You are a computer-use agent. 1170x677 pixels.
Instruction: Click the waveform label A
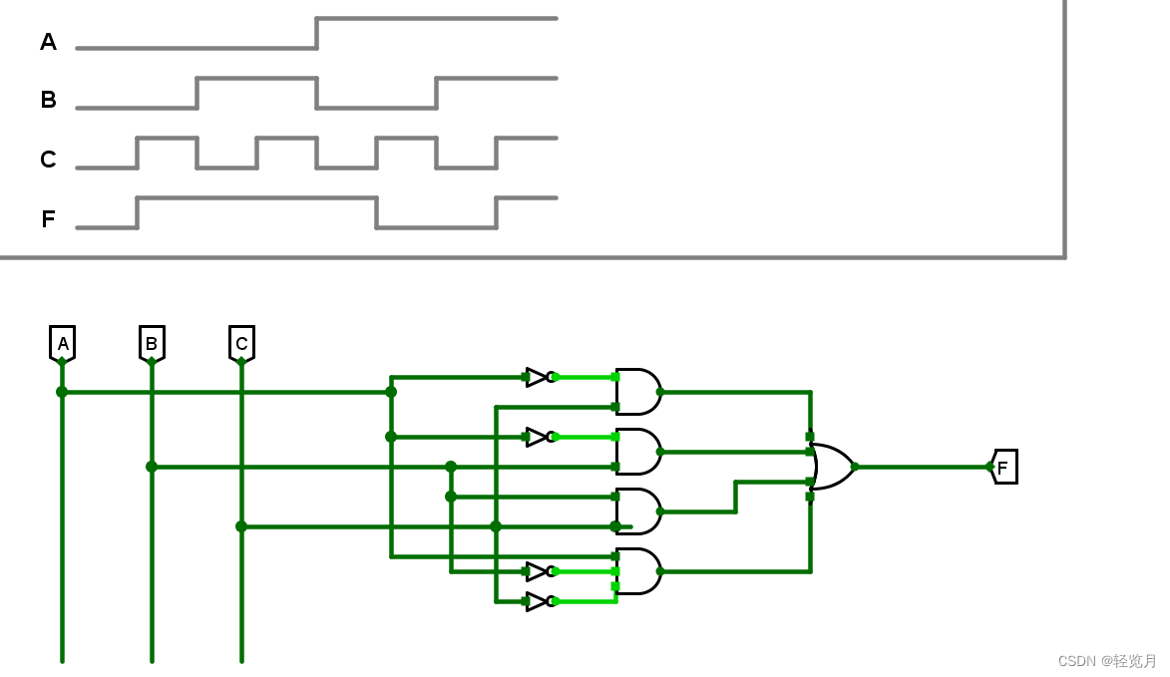coord(48,42)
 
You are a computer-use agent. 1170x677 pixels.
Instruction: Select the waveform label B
coord(48,100)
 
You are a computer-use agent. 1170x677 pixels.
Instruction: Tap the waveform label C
coord(48,160)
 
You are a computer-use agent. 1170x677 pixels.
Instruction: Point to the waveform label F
coord(48,219)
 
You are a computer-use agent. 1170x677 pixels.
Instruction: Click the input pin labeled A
coord(62,344)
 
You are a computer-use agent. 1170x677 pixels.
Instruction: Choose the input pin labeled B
coord(152,344)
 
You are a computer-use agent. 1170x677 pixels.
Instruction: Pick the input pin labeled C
coord(241,344)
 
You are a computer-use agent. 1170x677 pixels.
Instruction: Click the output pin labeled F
coord(1003,467)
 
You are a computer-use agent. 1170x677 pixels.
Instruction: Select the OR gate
coord(832,467)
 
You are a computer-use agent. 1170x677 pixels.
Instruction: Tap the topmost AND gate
coord(637,392)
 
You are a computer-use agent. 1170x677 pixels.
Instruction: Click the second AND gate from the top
coord(637,452)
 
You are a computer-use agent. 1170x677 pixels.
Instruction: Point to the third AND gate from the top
coord(637,511)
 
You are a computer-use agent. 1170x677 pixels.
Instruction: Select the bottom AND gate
coord(637,571)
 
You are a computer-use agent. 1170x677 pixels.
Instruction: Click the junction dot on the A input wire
coord(62,392)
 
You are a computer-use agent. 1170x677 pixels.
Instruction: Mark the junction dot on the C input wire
coord(241,526)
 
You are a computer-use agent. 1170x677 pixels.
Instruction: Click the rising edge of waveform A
coord(316,33)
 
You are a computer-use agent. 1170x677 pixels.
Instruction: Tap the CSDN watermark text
coord(1107,661)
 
